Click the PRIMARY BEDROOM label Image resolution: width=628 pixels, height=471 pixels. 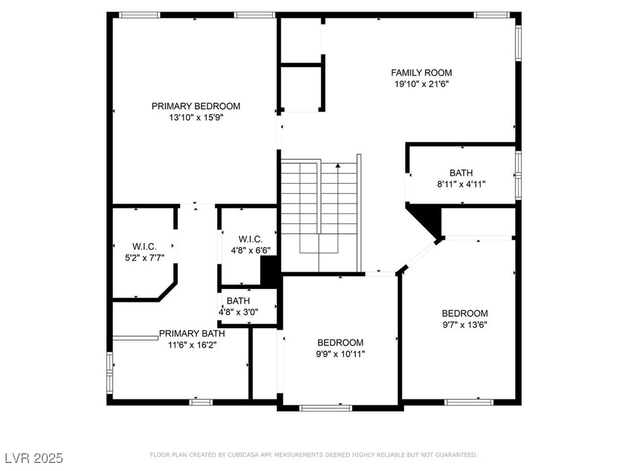(196, 106)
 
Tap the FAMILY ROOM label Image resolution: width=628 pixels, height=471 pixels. (421, 73)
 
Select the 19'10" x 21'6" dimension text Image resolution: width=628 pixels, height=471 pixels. (421, 84)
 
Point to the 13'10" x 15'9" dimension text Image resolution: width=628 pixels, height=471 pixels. (196, 118)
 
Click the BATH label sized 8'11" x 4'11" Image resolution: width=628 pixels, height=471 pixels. (461, 173)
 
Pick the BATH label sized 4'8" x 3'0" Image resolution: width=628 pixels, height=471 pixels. (239, 301)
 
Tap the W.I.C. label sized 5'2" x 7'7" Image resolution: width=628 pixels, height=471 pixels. (144, 247)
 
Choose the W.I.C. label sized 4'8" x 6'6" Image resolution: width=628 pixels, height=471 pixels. (251, 240)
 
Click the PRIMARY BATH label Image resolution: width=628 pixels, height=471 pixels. (192, 334)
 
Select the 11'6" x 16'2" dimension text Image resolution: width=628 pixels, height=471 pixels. (192, 345)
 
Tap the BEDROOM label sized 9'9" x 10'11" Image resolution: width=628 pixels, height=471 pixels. (340, 343)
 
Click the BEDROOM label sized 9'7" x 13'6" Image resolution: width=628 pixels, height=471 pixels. (465, 313)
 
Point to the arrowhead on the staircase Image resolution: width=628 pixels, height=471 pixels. (338, 165)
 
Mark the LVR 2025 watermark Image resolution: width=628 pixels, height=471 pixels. (34, 458)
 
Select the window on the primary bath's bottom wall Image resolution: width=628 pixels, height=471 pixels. (201, 402)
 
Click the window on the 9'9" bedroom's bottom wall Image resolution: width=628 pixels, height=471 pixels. (326, 408)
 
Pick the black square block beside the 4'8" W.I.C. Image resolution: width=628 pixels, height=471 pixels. (269, 271)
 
